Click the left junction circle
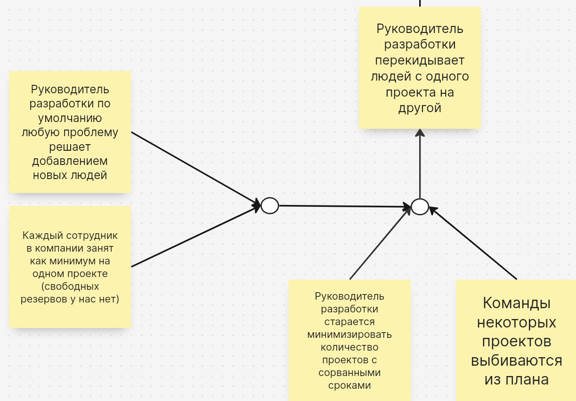coord(270,205)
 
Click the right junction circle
coord(420,206)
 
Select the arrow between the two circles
coord(345,206)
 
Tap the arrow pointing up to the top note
coord(420,164)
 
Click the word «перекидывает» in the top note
coord(420,60)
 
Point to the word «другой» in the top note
coord(420,108)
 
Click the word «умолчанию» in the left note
coord(70,118)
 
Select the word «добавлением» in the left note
coord(70,161)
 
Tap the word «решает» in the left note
coord(70,147)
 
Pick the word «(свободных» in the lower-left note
coord(70,286)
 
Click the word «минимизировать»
coord(349,335)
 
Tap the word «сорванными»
coord(349,372)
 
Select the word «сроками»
coord(349,385)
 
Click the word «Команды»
coord(517,303)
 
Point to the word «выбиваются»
coord(517,360)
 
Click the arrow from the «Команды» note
coord(473,243)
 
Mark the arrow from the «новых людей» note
coord(196,169)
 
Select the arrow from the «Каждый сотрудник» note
coord(196,236)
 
